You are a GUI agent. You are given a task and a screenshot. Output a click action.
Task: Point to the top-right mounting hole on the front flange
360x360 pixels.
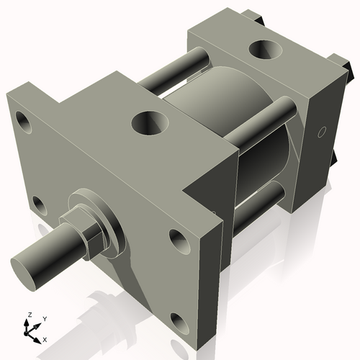(x=176, y=238)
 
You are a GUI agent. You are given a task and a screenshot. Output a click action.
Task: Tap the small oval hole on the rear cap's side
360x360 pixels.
(x=322, y=132)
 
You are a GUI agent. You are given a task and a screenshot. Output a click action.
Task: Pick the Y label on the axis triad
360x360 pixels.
(x=45, y=318)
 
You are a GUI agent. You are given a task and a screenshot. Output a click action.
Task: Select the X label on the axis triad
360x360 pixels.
(x=45, y=338)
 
